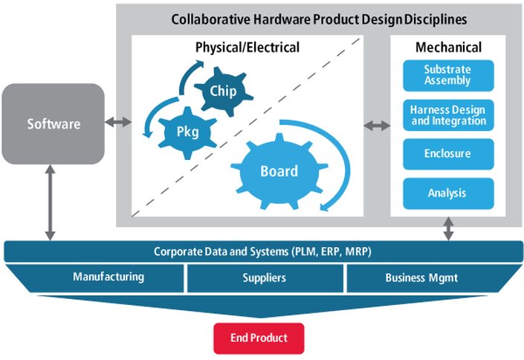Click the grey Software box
[53, 123]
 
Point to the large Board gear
[278, 171]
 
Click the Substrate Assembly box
[447, 75]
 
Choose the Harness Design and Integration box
[447, 115]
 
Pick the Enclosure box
[447, 154]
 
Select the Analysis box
[447, 193]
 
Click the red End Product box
[259, 338]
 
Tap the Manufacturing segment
[108, 277]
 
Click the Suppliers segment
[264, 278]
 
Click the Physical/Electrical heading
[248, 48]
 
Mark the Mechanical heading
[447, 48]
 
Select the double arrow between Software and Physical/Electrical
[117, 123]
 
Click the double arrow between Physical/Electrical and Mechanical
[376, 126]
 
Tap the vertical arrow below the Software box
[50, 202]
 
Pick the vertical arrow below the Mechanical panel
[447, 229]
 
